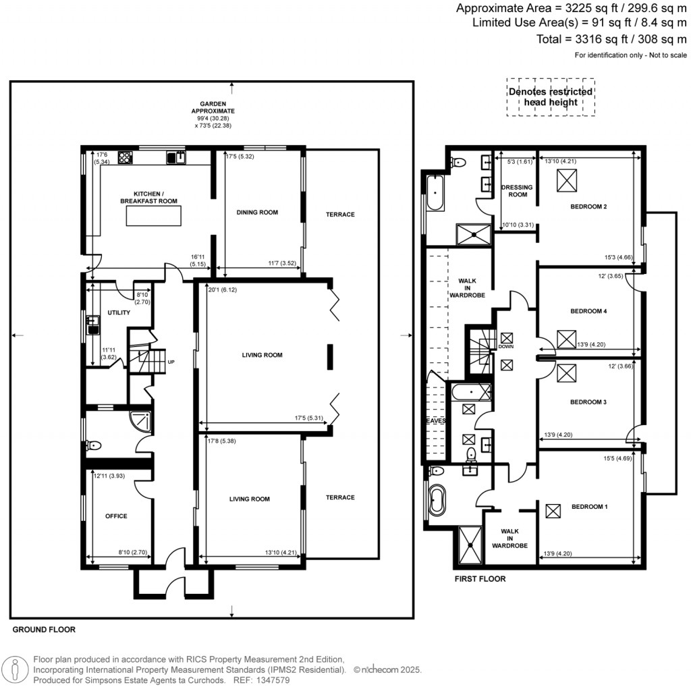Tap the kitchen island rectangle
pyautogui.click(x=154, y=217)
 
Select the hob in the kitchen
pyautogui.click(x=126, y=158)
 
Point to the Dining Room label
pyautogui.click(x=257, y=213)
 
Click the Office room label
pyautogui.click(x=116, y=516)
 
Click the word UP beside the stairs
pyautogui.click(x=171, y=362)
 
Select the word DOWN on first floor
pyautogui.click(x=506, y=346)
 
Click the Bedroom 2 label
pyautogui.click(x=589, y=207)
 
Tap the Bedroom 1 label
pyautogui.click(x=589, y=506)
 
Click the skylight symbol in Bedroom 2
pyautogui.click(x=565, y=181)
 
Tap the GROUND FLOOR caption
pyautogui.click(x=44, y=630)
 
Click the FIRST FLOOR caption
pyautogui.click(x=480, y=579)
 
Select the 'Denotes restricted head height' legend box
pyautogui.click(x=551, y=97)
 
